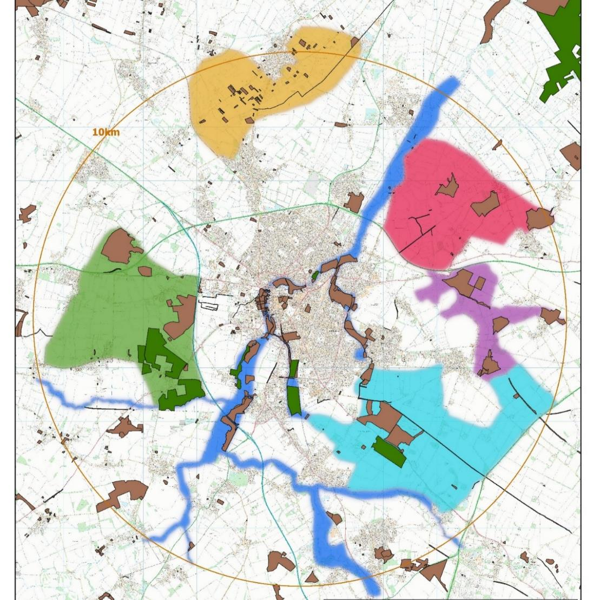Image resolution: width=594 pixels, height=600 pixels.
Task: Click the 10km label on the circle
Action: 106,132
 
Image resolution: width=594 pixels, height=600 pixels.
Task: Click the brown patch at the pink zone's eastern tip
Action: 539,218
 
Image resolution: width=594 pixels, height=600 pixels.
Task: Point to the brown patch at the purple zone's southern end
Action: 490,363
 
